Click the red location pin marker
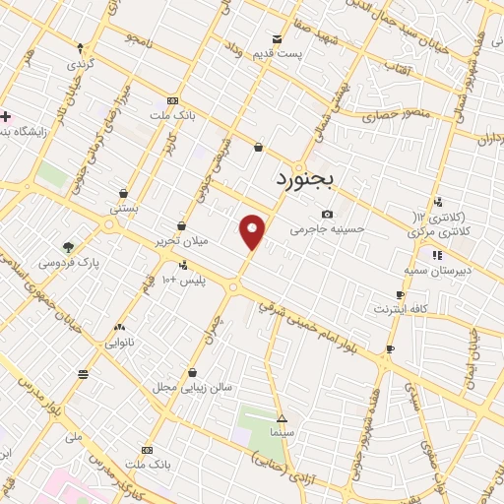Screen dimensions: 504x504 tap(253, 231)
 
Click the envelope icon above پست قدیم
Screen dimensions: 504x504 tap(277, 38)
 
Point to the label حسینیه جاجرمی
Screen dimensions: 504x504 tap(327, 228)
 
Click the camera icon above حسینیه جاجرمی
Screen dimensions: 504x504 tap(327, 215)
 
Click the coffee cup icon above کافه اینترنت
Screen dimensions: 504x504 tap(400, 294)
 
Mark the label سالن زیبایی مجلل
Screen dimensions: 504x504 tap(192, 387)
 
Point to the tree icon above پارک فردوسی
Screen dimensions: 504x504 tap(68, 247)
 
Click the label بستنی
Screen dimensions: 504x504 tap(123, 208)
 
